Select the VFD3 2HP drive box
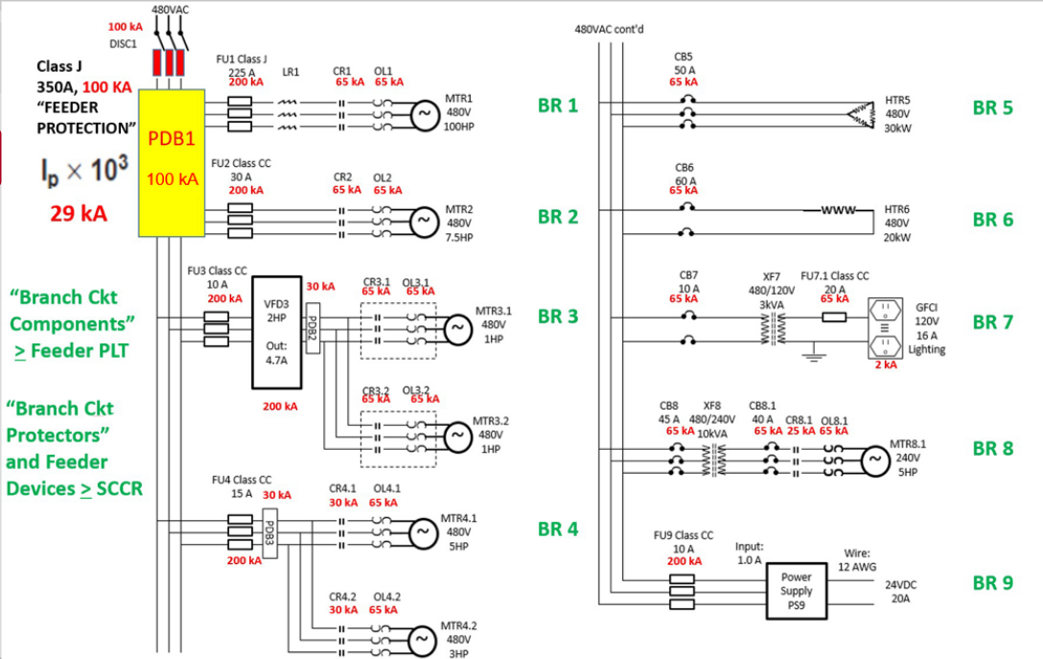(276, 332)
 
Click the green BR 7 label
(992, 322)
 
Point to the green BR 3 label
(558, 317)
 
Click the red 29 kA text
(79, 213)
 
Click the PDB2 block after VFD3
(312, 327)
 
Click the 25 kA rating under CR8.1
(800, 431)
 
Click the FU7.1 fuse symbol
(833, 316)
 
